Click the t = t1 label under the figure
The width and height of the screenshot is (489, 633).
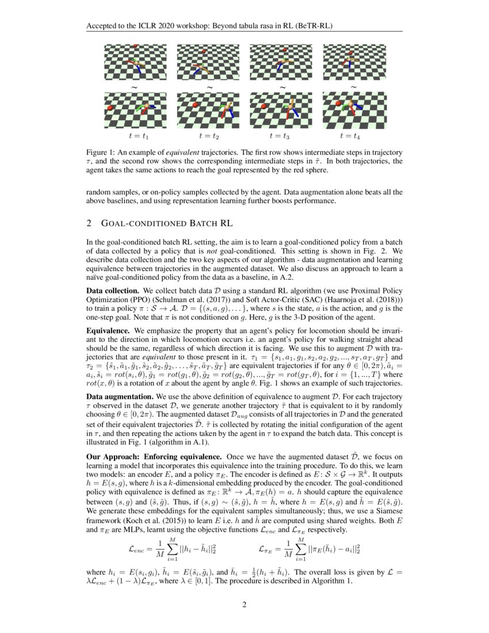coord(138,136)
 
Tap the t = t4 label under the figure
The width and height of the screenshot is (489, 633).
coord(349,136)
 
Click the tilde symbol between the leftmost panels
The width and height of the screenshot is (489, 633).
coord(135,87)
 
